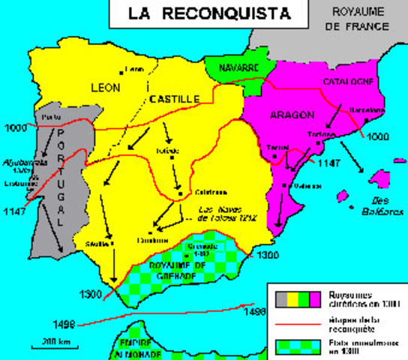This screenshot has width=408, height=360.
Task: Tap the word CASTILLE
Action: (174, 98)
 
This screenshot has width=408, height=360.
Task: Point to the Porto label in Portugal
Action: (51, 118)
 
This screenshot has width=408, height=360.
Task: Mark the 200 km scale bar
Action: (46, 344)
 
